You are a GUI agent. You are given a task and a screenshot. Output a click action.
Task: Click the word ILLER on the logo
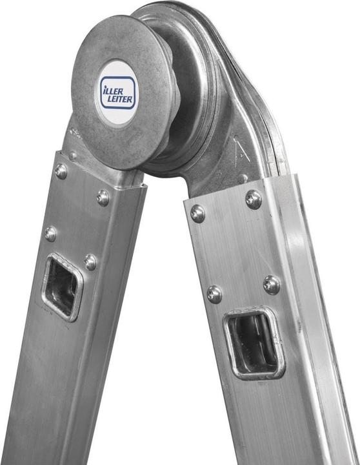point(113,90)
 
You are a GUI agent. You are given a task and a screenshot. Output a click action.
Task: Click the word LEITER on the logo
point(120,99)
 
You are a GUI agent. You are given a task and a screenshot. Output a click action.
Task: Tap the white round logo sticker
point(117,92)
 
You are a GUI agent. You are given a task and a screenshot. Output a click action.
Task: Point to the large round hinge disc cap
point(123,92)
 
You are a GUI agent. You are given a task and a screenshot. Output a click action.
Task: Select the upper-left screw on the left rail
point(61,171)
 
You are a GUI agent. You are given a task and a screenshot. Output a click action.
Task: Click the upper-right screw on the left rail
point(103,198)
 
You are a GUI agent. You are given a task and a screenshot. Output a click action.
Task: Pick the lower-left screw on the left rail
point(50,234)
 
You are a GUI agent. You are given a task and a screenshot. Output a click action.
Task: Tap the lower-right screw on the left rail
point(90,262)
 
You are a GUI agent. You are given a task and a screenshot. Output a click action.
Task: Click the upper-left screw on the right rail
point(197,214)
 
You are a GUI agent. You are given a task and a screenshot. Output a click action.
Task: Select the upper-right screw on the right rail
point(254,200)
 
